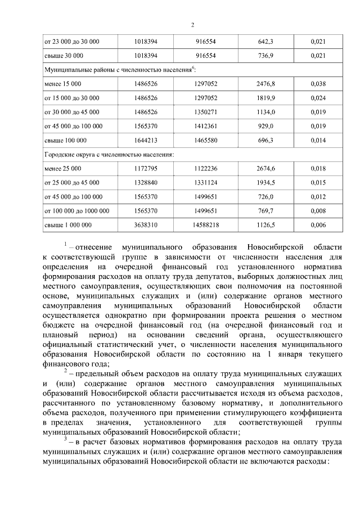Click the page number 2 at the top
coord(192,25)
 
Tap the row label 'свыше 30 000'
coord(64,56)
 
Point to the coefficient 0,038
coord(318,84)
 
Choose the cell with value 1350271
coord(206,112)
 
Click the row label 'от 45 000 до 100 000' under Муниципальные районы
coord(73,126)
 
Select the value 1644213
coord(146,140)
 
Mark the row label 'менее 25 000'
coord(62,168)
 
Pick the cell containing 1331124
coord(206,183)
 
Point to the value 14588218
coord(206,225)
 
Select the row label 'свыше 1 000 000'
coord(67,225)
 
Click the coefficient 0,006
coord(318,225)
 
